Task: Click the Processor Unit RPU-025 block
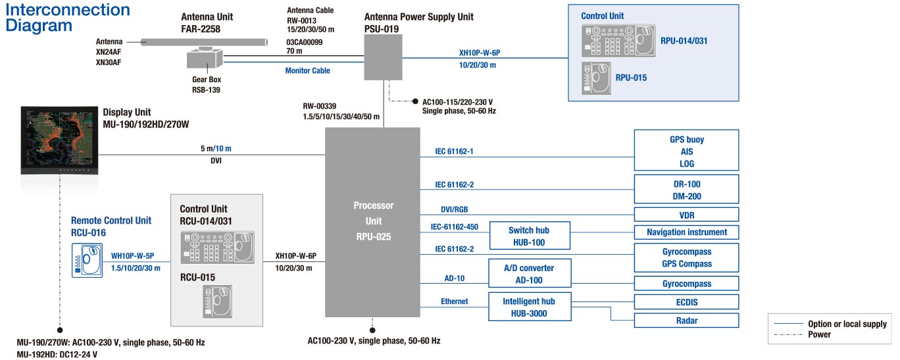tap(372, 222)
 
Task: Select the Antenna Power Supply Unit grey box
tap(383, 57)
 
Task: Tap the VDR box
tap(686, 215)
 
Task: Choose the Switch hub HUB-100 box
tap(530, 236)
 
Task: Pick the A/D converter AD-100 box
tap(530, 273)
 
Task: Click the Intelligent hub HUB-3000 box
tap(530, 307)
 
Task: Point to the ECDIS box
tap(686, 301)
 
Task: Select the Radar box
tap(686, 321)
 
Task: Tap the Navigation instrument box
tap(686, 232)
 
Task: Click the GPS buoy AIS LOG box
tap(686, 150)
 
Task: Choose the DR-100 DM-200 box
tap(686, 190)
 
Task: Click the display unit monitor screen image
tap(59, 140)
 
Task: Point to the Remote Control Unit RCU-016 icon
tap(87, 261)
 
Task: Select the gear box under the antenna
tap(205, 58)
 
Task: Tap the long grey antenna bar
tap(204, 41)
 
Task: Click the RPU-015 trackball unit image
tap(596, 78)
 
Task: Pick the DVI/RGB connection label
tap(455, 209)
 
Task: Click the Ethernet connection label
tap(455, 301)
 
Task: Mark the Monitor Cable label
tap(307, 70)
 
